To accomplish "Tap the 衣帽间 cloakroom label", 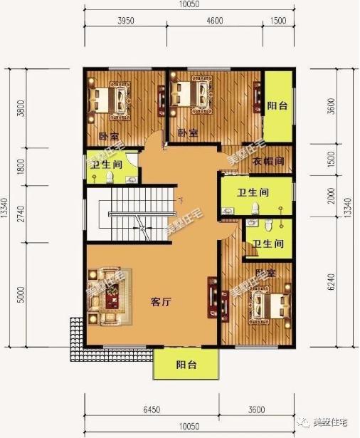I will pos(269,161).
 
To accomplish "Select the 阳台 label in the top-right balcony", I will pos(277,106).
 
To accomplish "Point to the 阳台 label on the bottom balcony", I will pos(186,365).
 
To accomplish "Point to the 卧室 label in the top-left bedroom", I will pos(108,135).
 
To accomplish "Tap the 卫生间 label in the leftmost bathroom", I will pos(105,164).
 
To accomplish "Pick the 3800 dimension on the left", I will pos(21,108).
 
